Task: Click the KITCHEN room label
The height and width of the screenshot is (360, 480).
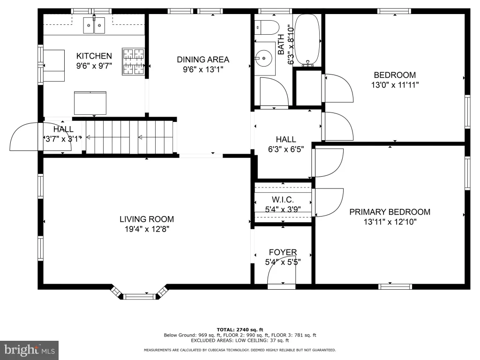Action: [94, 56]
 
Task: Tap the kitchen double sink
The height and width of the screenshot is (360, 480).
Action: [94, 25]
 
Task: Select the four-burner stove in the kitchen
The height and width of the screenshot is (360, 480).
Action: [133, 61]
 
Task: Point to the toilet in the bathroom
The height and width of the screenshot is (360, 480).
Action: [267, 27]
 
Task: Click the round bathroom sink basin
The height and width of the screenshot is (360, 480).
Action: [263, 58]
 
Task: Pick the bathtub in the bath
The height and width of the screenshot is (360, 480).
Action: [307, 40]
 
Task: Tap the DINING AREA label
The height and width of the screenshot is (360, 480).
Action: [203, 60]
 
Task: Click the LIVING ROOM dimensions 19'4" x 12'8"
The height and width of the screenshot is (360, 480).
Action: [147, 229]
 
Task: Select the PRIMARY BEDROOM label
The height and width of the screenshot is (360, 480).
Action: [390, 212]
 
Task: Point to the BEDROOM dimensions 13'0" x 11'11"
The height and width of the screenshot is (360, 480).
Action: [395, 85]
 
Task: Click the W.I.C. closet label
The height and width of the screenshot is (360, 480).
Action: [283, 200]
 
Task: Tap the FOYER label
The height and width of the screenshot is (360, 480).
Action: [283, 252]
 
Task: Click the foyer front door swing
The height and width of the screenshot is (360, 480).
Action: [282, 274]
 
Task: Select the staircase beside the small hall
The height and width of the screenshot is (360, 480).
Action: [129, 137]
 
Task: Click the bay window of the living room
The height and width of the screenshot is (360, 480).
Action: [140, 293]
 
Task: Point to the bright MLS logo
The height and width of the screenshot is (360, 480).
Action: [30, 350]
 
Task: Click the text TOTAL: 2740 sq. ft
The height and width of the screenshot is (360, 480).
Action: [240, 330]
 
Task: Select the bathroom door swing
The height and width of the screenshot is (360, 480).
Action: [274, 92]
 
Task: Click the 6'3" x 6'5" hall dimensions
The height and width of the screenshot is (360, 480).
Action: [286, 149]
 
